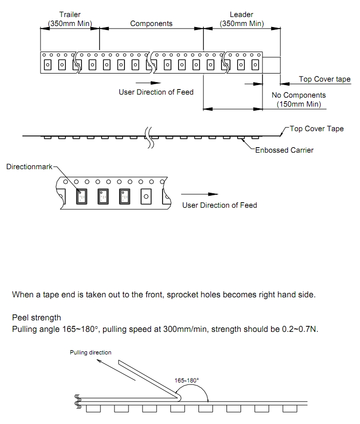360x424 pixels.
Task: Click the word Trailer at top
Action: [x=69, y=15]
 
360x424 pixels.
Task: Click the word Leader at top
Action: [x=241, y=15]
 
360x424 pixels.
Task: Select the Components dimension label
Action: [x=151, y=24]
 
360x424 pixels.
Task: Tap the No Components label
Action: [x=298, y=95]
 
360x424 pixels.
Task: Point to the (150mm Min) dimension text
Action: [x=298, y=105]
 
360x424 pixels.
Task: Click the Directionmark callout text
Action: [x=29, y=166]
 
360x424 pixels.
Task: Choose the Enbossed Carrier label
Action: [x=284, y=150]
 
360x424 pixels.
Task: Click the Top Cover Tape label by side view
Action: [x=316, y=129]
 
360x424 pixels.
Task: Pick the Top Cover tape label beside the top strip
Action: [x=324, y=79]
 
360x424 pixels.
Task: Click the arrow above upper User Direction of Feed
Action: [x=148, y=82]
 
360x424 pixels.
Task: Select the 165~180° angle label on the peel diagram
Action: [x=186, y=380]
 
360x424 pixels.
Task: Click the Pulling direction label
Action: [x=90, y=352]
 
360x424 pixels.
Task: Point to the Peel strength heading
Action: [x=36, y=318]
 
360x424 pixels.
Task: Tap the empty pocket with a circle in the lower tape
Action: [x=145, y=197]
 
